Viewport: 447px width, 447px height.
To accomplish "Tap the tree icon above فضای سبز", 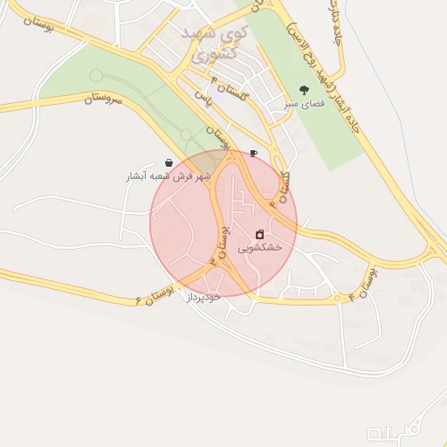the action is [304, 90].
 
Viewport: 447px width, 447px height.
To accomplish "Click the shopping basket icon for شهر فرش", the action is [168, 163].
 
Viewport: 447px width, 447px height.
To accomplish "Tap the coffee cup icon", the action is [253, 153].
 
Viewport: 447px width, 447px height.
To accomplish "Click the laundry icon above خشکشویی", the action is [260, 234].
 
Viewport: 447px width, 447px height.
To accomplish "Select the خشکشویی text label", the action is [260, 247].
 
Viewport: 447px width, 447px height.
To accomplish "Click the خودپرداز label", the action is [203, 297].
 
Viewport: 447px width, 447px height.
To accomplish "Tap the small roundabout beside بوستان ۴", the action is [337, 298].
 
